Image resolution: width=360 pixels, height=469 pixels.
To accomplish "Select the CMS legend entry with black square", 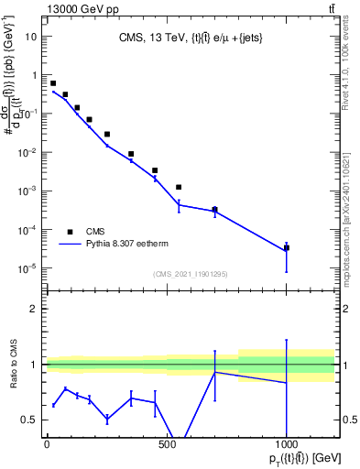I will click(71, 232).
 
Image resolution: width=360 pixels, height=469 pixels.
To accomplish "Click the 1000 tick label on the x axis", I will click(287, 446).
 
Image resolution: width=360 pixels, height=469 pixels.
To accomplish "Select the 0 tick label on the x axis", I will click(47, 446).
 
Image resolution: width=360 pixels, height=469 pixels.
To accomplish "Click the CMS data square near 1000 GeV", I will click(287, 247).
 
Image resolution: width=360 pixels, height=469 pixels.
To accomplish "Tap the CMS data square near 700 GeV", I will click(214, 210).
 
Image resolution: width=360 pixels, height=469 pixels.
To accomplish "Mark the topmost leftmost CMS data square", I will click(53, 83).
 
